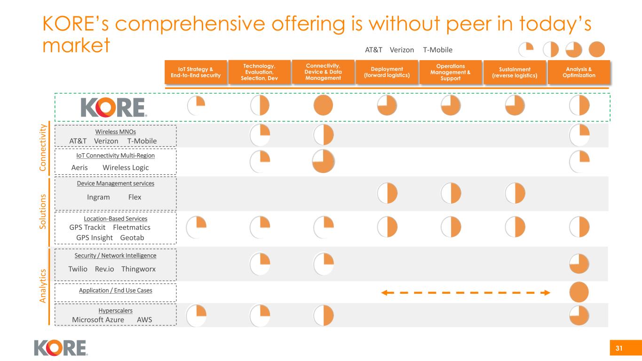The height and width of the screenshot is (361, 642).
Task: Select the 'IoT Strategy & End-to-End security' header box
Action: pyautogui.click(x=196, y=72)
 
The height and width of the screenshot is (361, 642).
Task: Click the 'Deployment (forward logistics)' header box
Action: pyautogui.click(x=387, y=72)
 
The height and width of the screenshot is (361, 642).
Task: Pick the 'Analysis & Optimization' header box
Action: pyautogui.click(x=579, y=72)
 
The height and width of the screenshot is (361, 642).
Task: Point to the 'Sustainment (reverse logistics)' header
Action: pyautogui.click(x=515, y=72)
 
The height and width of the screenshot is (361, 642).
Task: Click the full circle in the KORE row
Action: pyautogui.click(x=323, y=105)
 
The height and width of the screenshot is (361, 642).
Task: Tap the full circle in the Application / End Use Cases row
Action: pyautogui.click(x=579, y=292)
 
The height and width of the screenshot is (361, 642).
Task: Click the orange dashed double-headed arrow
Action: pyautogui.click(x=465, y=293)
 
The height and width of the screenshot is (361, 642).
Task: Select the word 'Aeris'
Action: pyautogui.click(x=79, y=167)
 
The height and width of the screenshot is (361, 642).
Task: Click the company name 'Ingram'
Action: pyautogui.click(x=98, y=197)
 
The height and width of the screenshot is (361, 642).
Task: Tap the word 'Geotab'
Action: pyautogui.click(x=132, y=237)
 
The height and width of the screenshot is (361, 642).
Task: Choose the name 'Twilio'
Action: pyautogui.click(x=78, y=269)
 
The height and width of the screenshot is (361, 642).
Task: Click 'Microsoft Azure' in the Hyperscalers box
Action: pyautogui.click(x=98, y=320)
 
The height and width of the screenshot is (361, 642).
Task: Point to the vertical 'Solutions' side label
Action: pyautogui.click(x=43, y=211)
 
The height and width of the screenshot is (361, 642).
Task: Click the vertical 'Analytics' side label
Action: pyautogui.click(x=43, y=285)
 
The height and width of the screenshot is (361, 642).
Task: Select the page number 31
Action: pyautogui.click(x=619, y=348)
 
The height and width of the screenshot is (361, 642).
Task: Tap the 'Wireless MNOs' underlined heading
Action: pyautogui.click(x=115, y=132)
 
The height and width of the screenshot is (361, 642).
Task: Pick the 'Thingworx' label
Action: pyautogui.click(x=138, y=269)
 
